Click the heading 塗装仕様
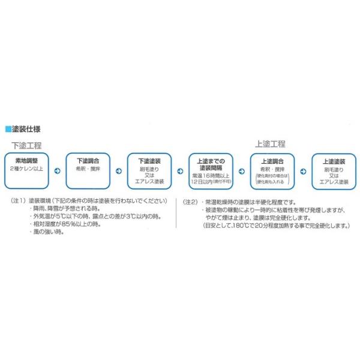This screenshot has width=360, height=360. [27, 128]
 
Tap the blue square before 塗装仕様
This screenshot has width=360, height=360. [8, 128]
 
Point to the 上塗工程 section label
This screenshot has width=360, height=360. [270, 144]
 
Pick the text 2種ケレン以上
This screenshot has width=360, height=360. [27, 169]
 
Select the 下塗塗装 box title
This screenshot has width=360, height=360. [149, 161]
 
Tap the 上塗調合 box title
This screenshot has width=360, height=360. [272, 161]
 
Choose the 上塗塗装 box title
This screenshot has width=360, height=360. [334, 161]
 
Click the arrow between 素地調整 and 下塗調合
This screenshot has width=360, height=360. [57, 171]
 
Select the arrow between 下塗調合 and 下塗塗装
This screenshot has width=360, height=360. [118, 171]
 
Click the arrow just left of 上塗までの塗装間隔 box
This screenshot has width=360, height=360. [180, 171]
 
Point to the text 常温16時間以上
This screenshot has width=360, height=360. [211, 175]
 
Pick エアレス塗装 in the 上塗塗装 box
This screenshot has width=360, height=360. [334, 181]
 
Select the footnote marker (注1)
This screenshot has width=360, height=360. [18, 202]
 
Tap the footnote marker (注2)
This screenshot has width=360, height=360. [191, 202]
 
